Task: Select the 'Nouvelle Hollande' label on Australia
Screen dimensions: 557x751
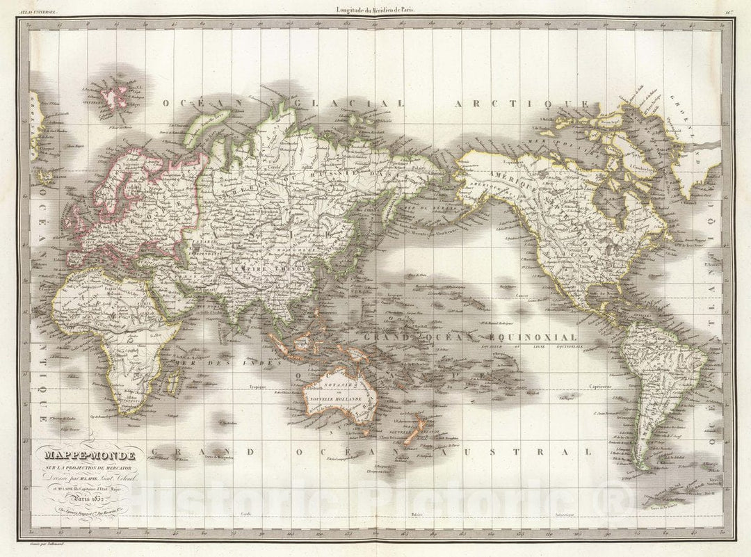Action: point(339,400)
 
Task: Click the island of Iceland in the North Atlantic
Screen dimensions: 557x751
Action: point(38,120)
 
